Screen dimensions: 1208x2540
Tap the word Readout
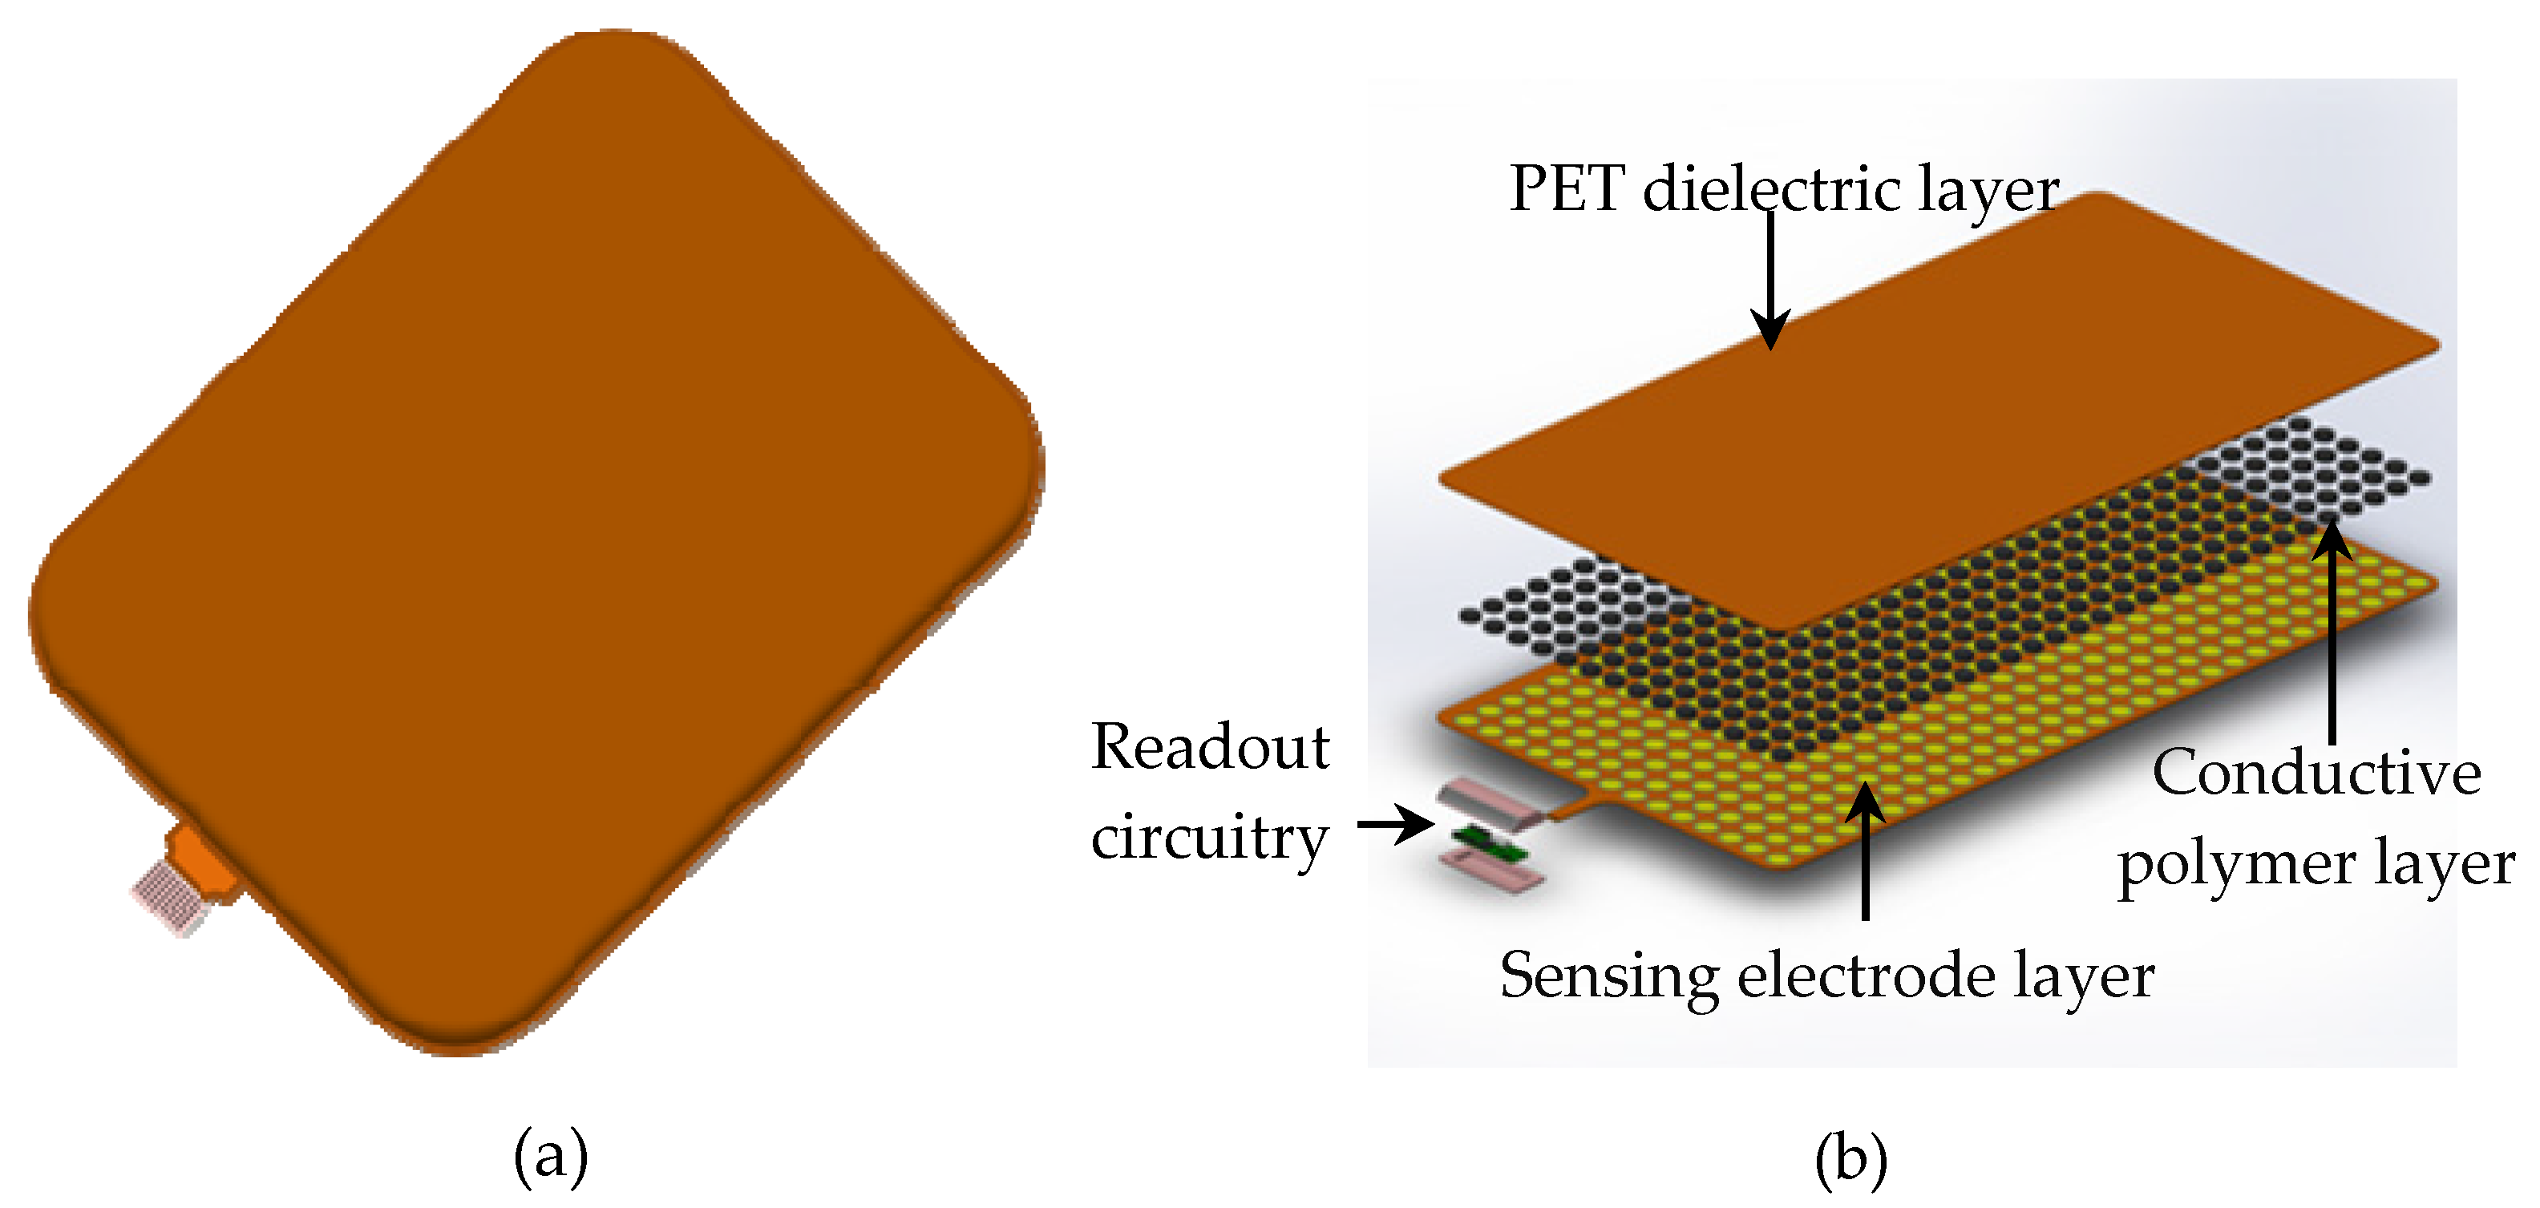click(1210, 746)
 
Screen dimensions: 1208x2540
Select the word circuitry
click(1210, 838)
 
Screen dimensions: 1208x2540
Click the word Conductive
click(2316, 772)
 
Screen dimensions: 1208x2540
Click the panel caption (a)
click(550, 1155)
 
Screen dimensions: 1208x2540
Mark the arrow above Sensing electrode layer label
click(1865, 848)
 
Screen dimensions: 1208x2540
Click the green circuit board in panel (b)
click(1489, 843)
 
